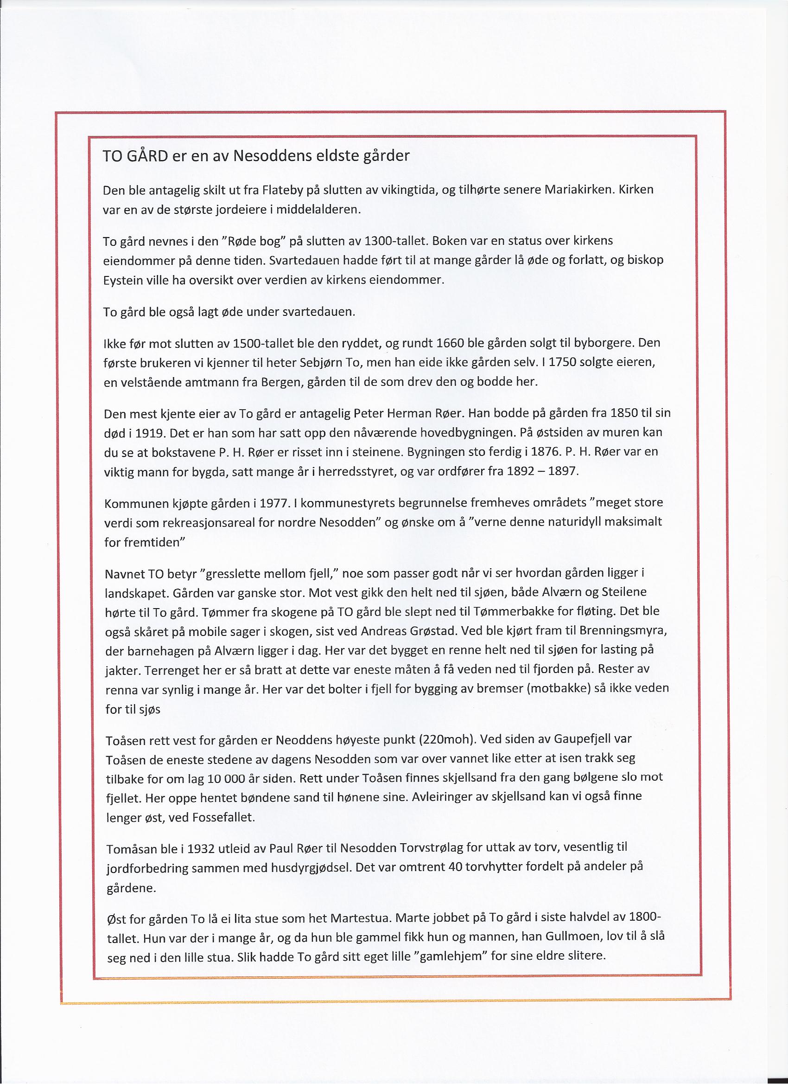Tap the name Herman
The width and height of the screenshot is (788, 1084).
point(413,413)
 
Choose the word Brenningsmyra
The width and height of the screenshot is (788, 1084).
point(623,631)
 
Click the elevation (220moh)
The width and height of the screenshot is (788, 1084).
point(446,739)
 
